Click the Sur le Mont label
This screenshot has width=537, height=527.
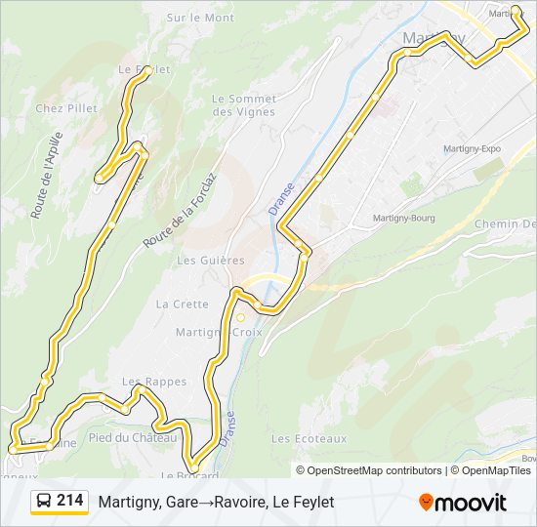tap(200, 18)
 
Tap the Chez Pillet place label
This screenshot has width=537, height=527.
tap(66, 108)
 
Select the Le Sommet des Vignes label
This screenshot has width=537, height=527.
tap(243, 104)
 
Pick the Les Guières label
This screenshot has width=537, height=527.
tap(211, 261)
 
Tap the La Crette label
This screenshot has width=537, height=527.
tap(183, 304)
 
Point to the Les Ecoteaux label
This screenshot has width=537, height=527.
tap(309, 438)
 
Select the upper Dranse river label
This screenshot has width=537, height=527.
tap(278, 194)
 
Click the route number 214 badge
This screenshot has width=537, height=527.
tap(69, 501)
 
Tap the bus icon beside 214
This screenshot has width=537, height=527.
tap(44, 502)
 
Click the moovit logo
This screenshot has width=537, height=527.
tap(463, 503)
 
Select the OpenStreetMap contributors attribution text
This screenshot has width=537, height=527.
tap(360, 470)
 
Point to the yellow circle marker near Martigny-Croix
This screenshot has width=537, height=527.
tap(240, 317)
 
